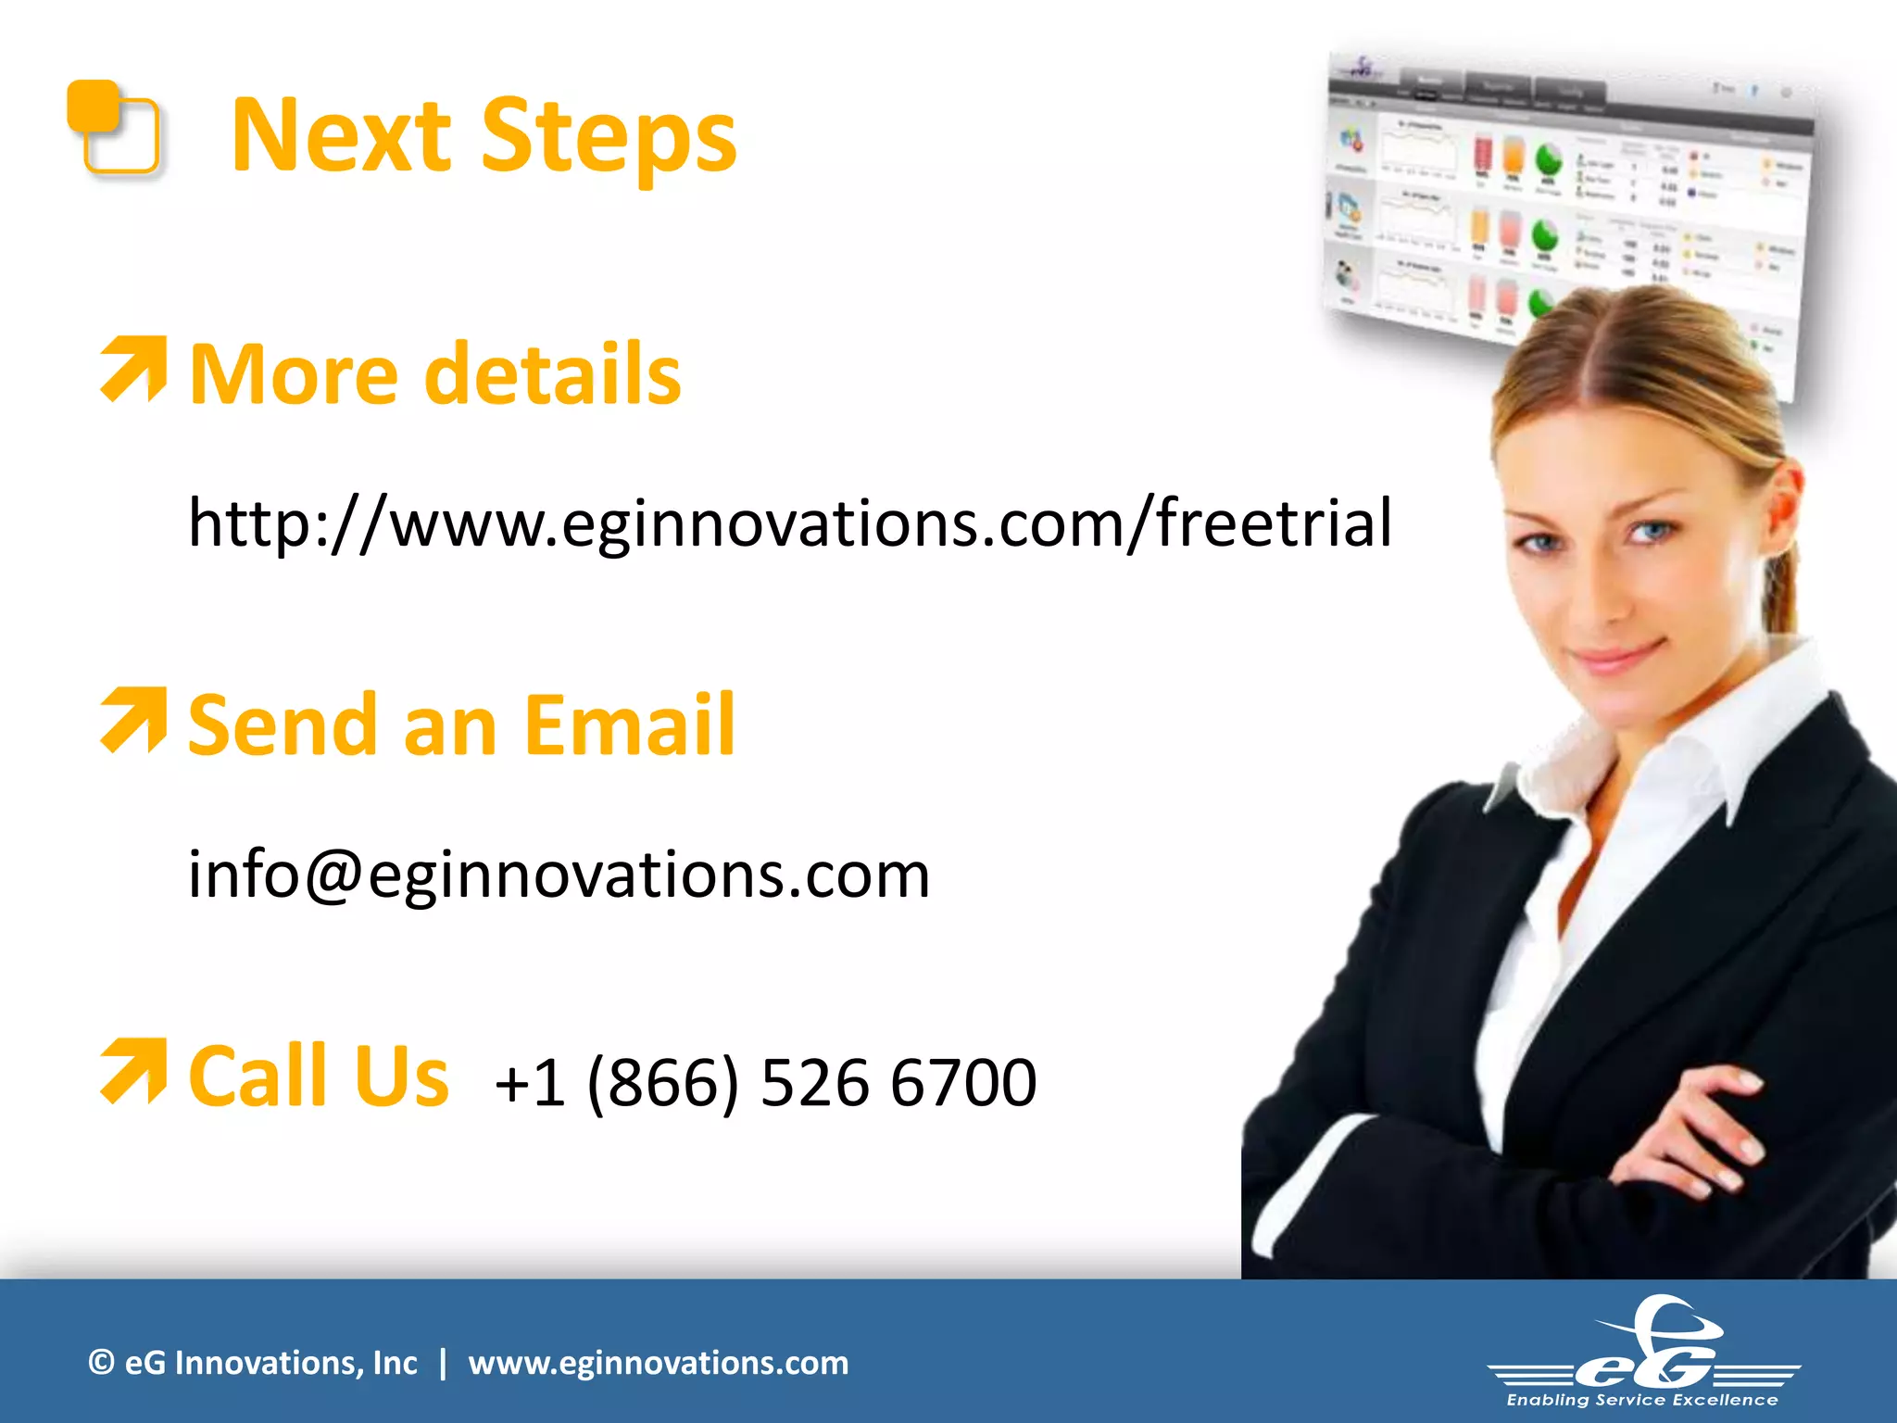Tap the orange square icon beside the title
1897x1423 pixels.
113,127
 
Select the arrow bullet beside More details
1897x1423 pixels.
134,369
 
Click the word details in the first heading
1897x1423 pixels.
552,374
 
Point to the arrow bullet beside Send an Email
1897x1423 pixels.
134,720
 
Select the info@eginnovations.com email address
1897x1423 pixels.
559,874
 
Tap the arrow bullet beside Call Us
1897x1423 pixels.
134,1071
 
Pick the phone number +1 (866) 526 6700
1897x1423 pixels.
765,1082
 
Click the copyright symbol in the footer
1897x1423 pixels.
101,1362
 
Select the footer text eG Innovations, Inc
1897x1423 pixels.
270,1363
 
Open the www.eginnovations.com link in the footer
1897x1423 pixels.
658,1363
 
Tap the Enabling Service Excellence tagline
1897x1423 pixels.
1642,1400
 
